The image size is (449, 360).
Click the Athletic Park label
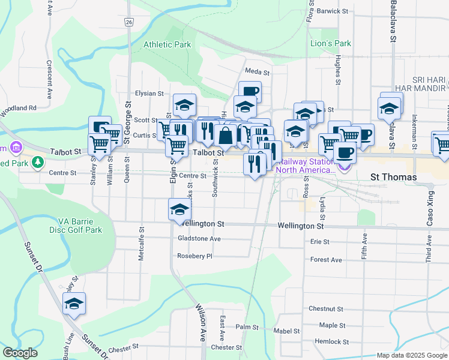pos(167,44)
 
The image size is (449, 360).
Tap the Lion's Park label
pos(330,43)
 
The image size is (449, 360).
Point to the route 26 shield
pos(129,22)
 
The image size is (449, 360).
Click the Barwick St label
pos(333,11)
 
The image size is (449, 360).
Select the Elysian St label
pos(149,94)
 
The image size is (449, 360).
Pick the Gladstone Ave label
pos(199,239)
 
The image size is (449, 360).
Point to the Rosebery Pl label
pos(195,256)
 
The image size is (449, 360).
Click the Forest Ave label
pos(326,260)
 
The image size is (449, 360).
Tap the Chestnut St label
pos(325,309)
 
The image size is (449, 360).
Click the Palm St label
pos(247,328)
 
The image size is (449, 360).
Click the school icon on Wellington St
pos(179,210)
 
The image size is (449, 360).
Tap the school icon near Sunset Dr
pos(74,304)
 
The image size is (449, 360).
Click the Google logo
pos(20,353)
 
